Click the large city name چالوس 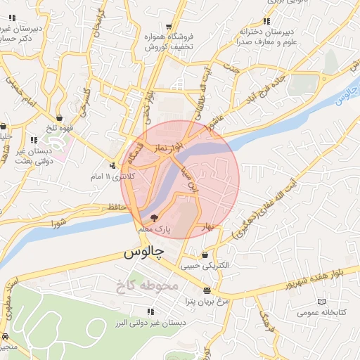click(x=143, y=252)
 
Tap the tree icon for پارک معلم click(x=155, y=219)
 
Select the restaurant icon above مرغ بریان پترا click(x=206, y=290)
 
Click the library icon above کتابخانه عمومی click(x=322, y=301)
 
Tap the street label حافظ click(x=117, y=207)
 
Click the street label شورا click(x=58, y=224)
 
